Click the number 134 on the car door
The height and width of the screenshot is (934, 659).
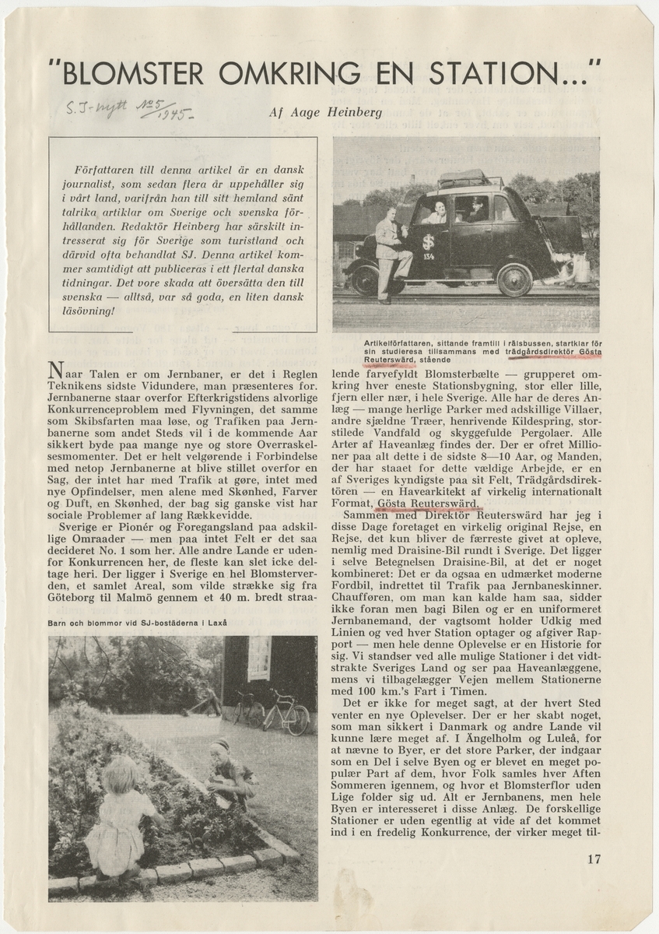click(429, 254)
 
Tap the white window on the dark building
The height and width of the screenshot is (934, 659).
click(259, 658)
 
